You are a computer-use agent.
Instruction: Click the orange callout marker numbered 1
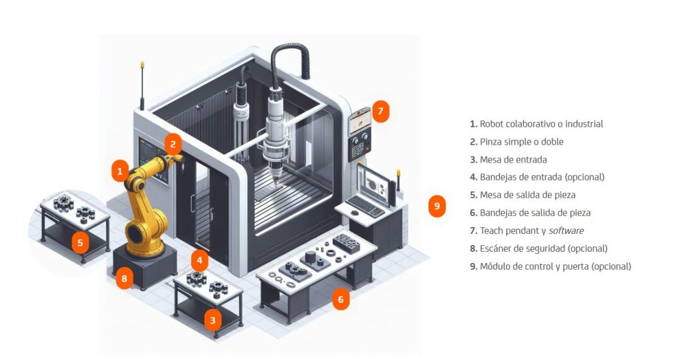tap(120, 171)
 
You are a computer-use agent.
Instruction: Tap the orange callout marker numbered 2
tap(173, 143)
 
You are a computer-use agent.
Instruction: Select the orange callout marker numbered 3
tap(212, 320)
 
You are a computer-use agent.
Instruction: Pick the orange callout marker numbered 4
tap(200, 260)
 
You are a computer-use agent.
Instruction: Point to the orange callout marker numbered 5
tap(80, 242)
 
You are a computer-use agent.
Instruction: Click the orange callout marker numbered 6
tap(341, 300)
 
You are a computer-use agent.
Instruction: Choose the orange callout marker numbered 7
tap(381, 111)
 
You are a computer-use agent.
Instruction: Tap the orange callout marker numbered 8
tap(124, 278)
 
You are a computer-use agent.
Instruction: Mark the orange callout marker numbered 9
tap(436, 206)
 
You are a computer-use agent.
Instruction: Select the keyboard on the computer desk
tap(366, 207)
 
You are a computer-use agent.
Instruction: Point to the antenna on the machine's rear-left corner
tap(141, 86)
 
